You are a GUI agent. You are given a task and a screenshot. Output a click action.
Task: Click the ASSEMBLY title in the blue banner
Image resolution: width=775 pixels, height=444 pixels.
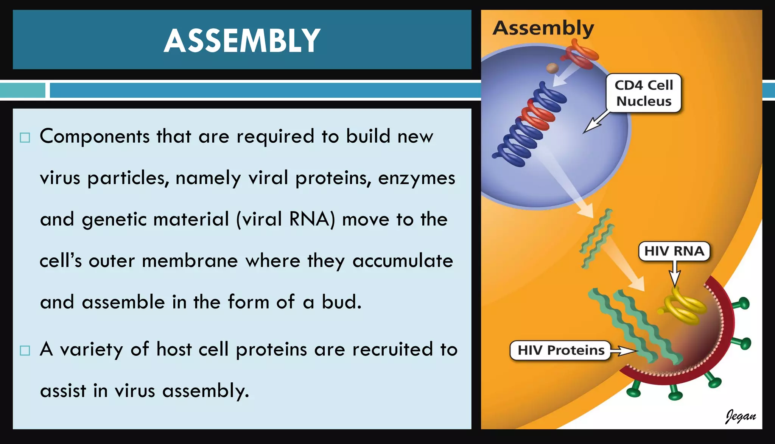pos(242,41)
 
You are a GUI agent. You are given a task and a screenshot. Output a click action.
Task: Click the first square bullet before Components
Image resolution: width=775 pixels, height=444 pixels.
pos(25,137)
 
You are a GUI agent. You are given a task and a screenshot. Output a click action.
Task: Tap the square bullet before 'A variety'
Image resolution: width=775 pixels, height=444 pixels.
pos(25,351)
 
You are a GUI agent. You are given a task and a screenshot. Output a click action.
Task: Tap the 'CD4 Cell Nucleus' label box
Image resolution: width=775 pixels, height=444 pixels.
pos(643,93)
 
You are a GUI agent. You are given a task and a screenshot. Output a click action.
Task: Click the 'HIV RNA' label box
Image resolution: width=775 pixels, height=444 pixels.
pos(674,251)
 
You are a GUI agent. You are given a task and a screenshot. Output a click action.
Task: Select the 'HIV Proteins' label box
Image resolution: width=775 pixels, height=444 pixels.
pos(560,350)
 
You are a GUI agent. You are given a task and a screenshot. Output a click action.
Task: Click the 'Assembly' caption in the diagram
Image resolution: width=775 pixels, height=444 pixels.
pos(543,28)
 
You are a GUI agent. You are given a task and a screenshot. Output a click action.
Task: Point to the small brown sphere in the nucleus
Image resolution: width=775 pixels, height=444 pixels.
pos(552,69)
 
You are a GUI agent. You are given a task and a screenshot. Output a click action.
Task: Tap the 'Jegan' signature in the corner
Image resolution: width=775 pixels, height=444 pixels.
pos(740,416)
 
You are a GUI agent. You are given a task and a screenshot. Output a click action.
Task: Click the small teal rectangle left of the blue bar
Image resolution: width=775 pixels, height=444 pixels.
pos(22,90)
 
